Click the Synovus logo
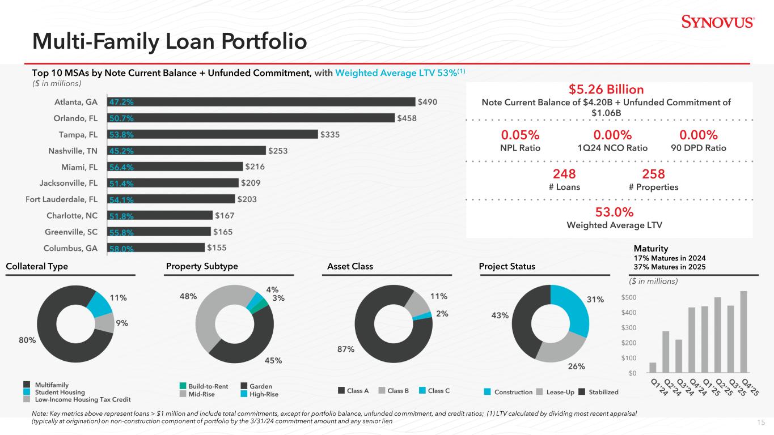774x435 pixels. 717,22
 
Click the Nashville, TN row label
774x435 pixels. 74,151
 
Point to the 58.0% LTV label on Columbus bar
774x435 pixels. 121,248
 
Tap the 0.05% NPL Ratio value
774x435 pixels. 519,135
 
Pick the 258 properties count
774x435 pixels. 653,174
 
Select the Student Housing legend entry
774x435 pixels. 60,392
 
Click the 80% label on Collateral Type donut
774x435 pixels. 28,340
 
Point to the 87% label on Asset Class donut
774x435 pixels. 346,349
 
